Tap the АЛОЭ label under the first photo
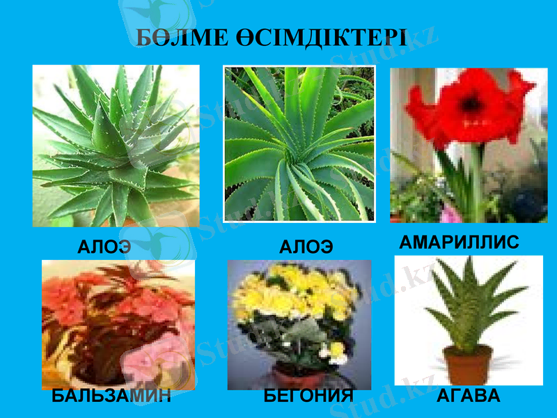pyautogui.click(x=104, y=247)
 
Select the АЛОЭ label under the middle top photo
pyautogui.click(x=306, y=247)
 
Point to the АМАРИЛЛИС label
pyautogui.click(x=459, y=242)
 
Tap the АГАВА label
pyautogui.click(x=469, y=396)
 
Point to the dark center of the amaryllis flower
pyautogui.click(x=472, y=104)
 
